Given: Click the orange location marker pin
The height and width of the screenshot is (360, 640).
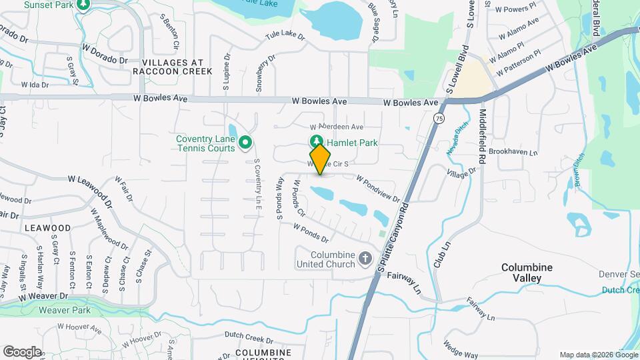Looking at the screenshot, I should coord(321,159).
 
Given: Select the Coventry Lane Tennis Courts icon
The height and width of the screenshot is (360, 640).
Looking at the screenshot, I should coord(245,141).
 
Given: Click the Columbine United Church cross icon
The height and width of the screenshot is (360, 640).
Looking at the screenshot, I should coord(365,257).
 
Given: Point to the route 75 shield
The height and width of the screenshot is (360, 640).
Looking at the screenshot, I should coord(439,118).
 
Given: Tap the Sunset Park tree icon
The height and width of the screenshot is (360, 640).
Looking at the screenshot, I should coord(83,5).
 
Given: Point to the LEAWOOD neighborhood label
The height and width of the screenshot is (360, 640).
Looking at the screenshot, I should coord(47,228).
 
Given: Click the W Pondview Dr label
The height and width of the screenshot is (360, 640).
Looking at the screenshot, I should coord(378,189).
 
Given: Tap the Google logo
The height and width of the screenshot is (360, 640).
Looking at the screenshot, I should coord(22,351).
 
